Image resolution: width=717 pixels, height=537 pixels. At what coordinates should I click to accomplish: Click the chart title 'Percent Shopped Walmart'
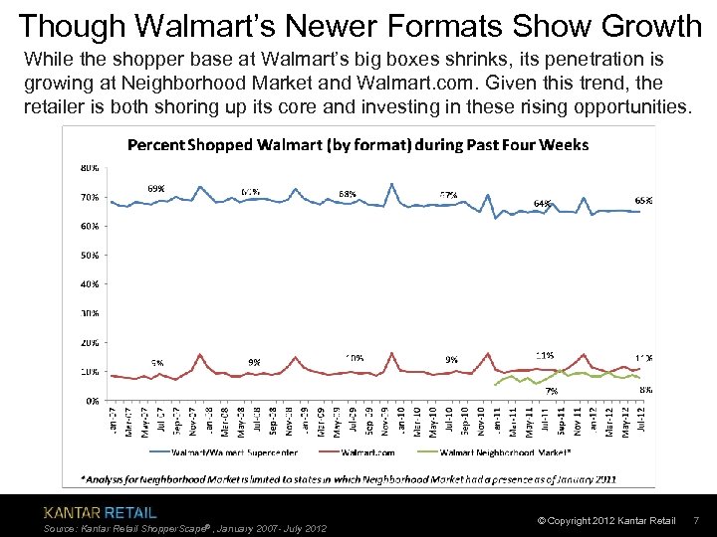tap(358, 145)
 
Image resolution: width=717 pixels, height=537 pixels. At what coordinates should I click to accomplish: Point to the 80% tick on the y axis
tap(90, 166)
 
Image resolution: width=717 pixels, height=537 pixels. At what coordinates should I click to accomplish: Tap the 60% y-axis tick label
tap(90, 226)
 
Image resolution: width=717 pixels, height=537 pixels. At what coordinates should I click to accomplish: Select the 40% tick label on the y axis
tap(90, 283)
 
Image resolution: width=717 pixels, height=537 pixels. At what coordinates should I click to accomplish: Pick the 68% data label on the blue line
tap(348, 194)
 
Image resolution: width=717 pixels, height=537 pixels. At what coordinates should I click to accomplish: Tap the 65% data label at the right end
tap(643, 200)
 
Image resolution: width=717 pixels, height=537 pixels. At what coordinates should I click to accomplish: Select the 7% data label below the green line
tap(551, 391)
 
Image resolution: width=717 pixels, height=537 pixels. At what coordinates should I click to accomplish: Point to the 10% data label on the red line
tap(354, 358)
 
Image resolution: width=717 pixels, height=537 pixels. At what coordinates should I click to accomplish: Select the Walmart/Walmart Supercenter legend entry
tap(230, 451)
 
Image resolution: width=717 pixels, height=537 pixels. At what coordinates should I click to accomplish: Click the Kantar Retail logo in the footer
tap(100, 513)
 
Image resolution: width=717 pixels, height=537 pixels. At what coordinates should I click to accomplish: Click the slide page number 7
tap(696, 521)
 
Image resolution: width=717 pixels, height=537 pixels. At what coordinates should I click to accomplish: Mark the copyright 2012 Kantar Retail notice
tap(605, 521)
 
